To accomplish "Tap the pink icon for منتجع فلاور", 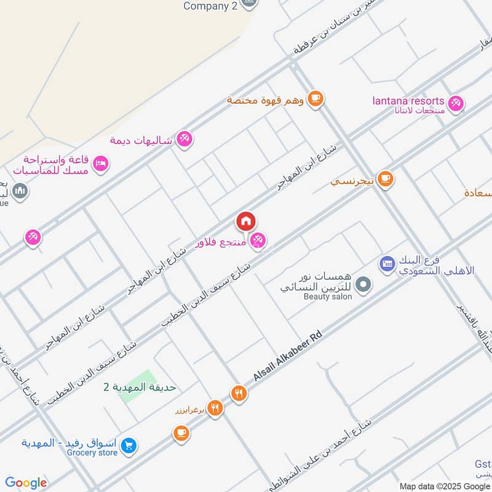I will pyautogui.click(x=258, y=240).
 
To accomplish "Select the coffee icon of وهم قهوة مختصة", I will pyautogui.click(x=315, y=98).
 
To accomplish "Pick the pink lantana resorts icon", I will pyautogui.click(x=456, y=103).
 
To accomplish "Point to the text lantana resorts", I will pyautogui.click(x=408, y=100).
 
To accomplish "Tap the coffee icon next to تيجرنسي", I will pyautogui.click(x=386, y=179).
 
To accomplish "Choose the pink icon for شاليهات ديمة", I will pyautogui.click(x=183, y=140).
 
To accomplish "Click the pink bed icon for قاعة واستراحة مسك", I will pyautogui.click(x=101, y=163).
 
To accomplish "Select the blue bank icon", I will pyautogui.click(x=387, y=264).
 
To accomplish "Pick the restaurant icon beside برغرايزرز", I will pyautogui.click(x=214, y=407).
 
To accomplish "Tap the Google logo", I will pyautogui.click(x=26, y=483).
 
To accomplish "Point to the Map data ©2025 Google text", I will pyautogui.click(x=444, y=486).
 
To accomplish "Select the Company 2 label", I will pyautogui.click(x=211, y=6).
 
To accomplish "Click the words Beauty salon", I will pyautogui.click(x=328, y=296).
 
